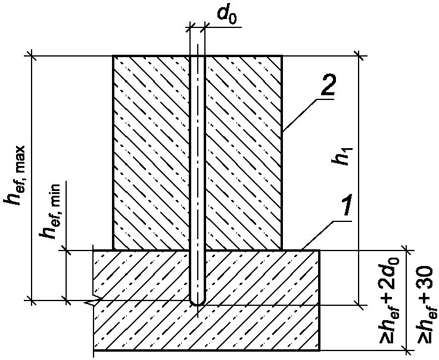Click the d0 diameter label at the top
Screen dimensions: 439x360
tap(227, 15)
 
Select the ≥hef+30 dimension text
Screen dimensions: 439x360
tap(425, 304)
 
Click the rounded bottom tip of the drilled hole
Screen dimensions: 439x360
tap(197, 304)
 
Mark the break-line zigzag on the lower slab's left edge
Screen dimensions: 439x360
tap(94, 300)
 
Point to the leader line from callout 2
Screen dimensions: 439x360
tap(300, 115)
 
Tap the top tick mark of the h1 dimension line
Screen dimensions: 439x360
tap(359, 56)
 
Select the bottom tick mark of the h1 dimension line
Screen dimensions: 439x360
tap(359, 305)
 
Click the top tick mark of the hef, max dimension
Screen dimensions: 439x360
tap(32, 56)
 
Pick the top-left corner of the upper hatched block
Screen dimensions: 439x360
tap(113, 56)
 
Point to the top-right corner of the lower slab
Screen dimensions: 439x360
tap(319, 251)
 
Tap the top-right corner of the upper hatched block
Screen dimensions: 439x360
tap(282, 56)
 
